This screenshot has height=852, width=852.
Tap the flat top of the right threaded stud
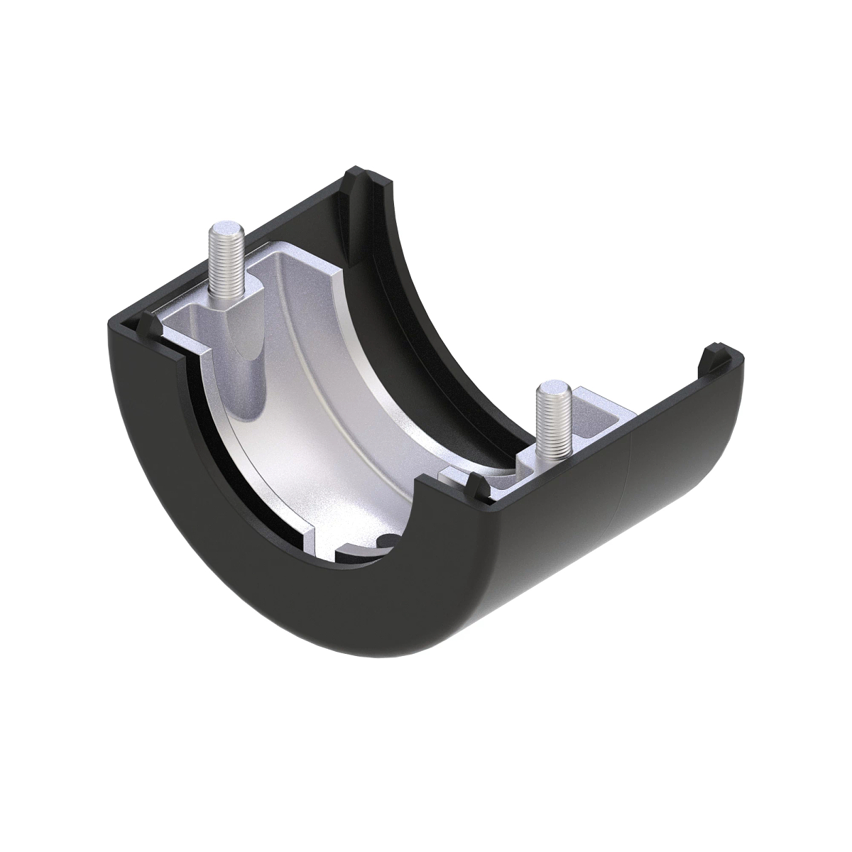point(549,388)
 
